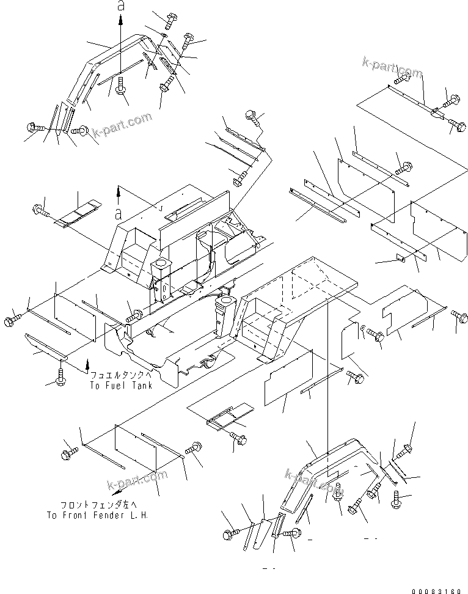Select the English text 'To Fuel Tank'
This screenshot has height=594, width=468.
point(121,386)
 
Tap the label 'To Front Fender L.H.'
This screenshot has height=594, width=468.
point(97,516)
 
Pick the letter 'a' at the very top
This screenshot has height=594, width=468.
point(120,7)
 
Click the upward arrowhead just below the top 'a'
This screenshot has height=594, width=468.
point(120,20)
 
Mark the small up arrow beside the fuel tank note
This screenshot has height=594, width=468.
point(87,364)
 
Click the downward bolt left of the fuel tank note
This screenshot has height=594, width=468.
point(61,375)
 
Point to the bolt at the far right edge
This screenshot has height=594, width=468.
point(459,315)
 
